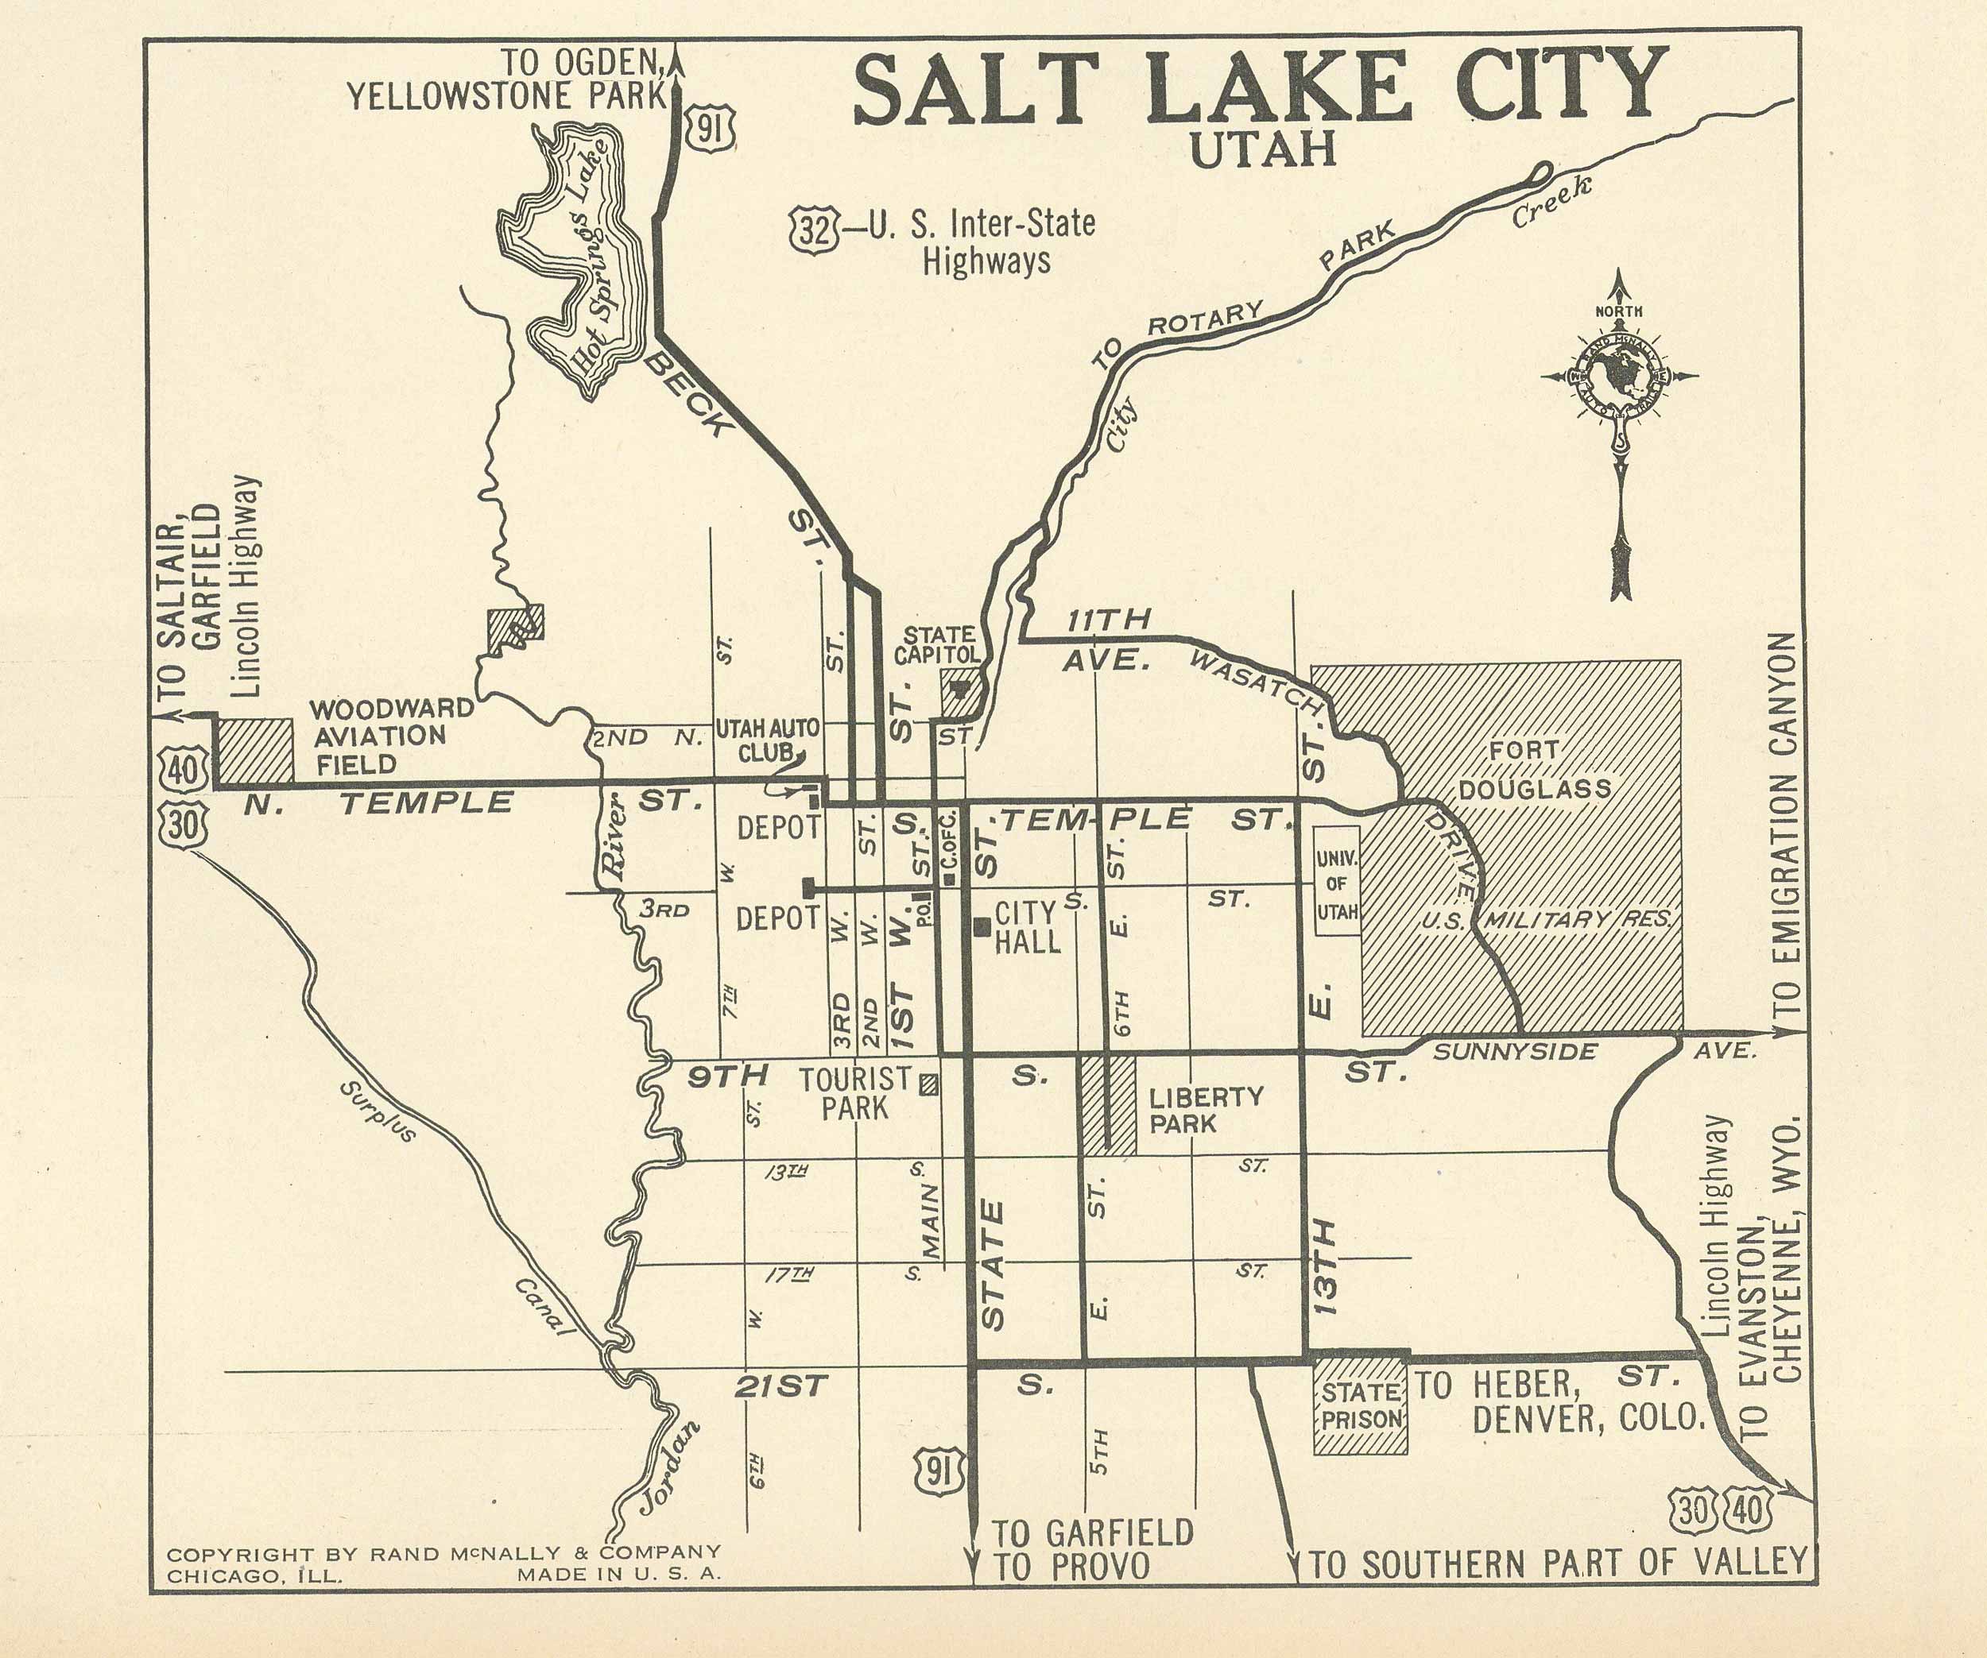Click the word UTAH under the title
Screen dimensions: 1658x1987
[1262, 150]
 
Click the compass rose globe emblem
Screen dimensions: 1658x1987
[1618, 377]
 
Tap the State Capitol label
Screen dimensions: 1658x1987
[938, 645]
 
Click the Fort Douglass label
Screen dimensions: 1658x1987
[1534, 769]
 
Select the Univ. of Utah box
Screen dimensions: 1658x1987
[1337, 883]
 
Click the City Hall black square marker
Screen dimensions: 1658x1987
[982, 926]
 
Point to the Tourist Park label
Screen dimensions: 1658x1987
[855, 1093]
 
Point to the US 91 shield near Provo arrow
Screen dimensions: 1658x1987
[939, 1474]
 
